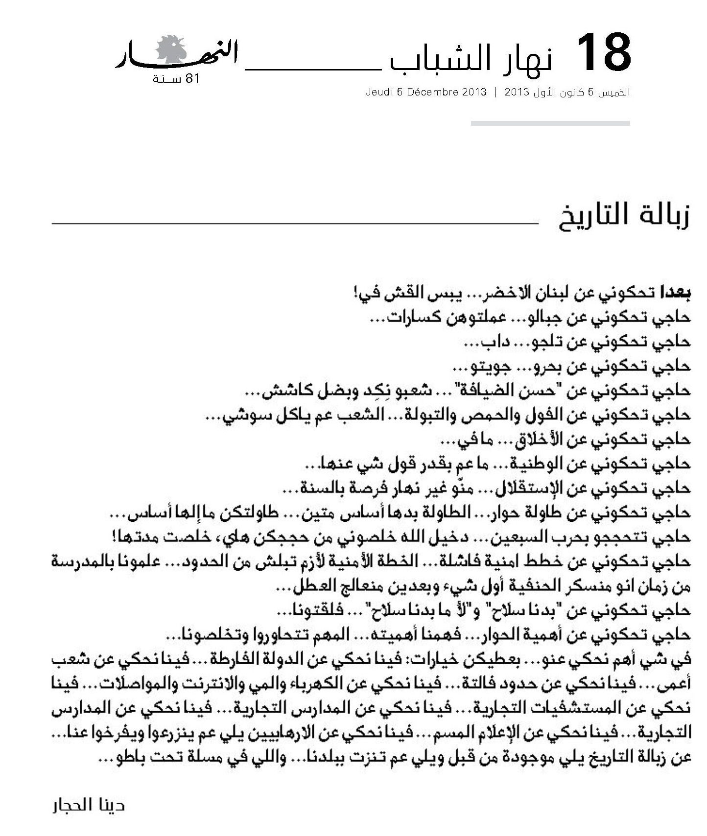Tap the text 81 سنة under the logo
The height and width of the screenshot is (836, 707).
pos(176,79)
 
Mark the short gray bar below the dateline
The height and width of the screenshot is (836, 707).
pos(550,123)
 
